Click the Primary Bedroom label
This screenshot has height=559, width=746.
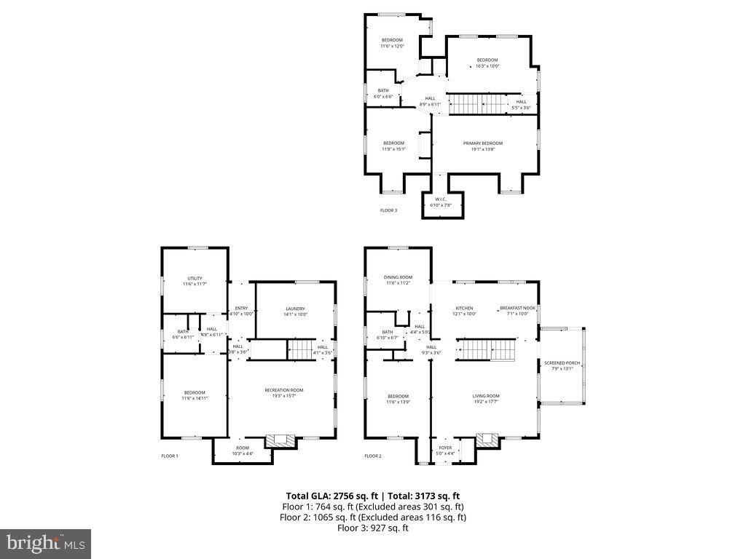point(483,143)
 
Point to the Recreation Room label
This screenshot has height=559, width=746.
point(283,390)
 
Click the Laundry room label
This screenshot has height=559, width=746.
point(295,309)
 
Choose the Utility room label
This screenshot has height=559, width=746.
point(195,278)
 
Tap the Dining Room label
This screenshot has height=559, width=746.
point(398,277)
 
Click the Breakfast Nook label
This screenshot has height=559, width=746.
point(517,308)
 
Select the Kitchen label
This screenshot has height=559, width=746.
point(465,308)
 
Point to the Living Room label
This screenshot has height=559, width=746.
point(487,396)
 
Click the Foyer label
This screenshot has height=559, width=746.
point(445,448)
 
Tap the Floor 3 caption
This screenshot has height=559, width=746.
point(388,210)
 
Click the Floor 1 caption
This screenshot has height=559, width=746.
point(169,456)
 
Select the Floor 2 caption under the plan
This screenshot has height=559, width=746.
point(372,456)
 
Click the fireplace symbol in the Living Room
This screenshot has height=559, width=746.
point(486,440)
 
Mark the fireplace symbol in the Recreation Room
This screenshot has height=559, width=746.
point(280,440)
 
